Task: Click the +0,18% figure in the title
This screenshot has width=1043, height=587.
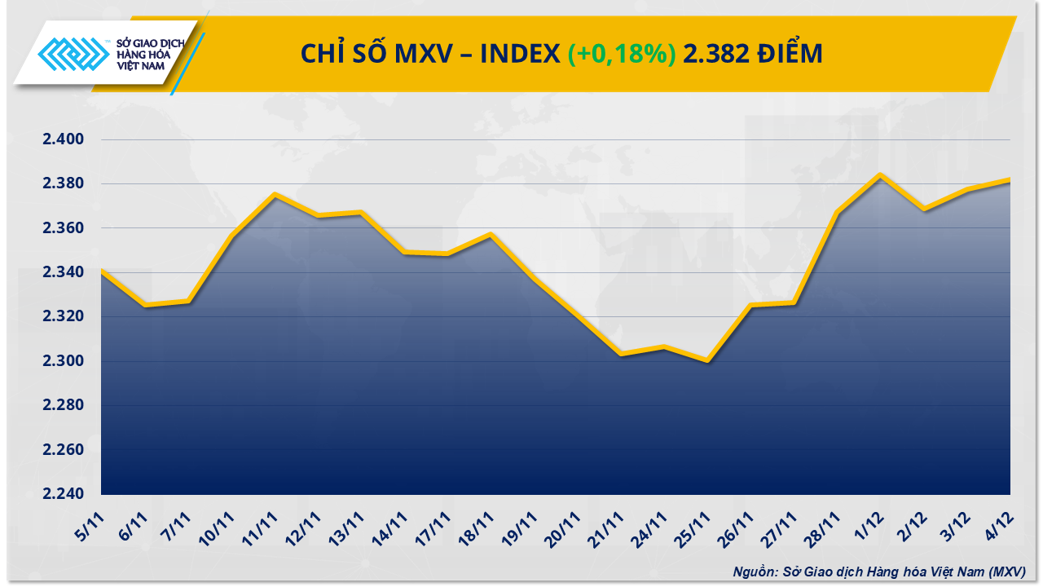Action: pos(621,54)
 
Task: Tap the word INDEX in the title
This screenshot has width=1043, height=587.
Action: pos(517,54)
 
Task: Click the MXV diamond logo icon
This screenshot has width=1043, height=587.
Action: pos(73,55)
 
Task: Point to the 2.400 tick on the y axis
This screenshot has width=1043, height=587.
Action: pos(64,139)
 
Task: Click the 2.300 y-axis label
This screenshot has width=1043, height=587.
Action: pos(64,361)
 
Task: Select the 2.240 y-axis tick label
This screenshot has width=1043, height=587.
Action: pos(64,494)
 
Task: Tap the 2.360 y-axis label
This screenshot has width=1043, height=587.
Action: pos(64,228)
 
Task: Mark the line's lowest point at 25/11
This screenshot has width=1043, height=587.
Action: pos(707,361)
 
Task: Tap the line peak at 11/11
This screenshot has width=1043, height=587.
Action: pos(275,194)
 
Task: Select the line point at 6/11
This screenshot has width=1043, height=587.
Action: pos(144,306)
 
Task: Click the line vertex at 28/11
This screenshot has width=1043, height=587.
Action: pos(838,212)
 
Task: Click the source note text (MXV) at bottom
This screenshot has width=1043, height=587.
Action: pos(878,572)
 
